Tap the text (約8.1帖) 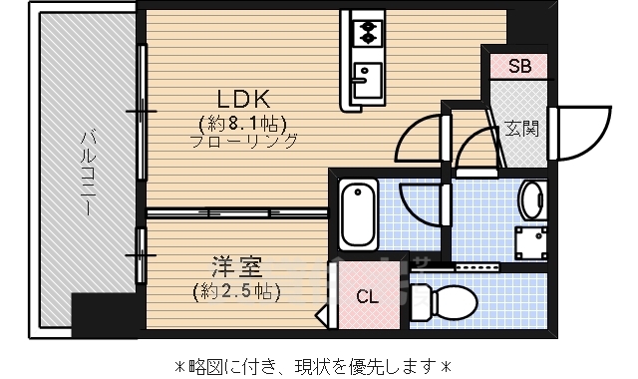tap(244, 122)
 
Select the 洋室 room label tap(236, 267)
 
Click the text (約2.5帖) tap(236, 291)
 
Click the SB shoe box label tap(520, 67)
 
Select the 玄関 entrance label tap(521, 129)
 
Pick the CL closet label tap(367, 297)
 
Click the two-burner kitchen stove tap(367, 31)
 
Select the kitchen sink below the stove tap(367, 76)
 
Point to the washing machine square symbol tap(529, 241)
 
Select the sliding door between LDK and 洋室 tap(237, 212)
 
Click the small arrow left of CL tap(323, 317)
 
